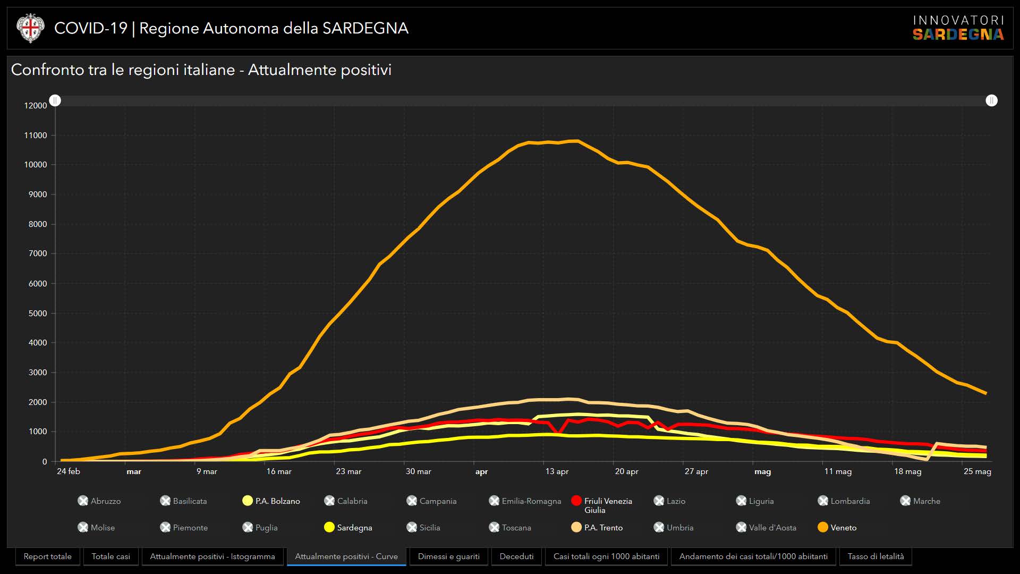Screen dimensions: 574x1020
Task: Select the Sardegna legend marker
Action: click(x=329, y=527)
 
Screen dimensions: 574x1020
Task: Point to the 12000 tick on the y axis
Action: click(x=36, y=106)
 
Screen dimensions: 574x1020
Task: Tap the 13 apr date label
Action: click(x=557, y=471)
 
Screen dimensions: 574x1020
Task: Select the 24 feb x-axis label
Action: click(x=69, y=471)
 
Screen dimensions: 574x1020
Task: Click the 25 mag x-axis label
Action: click(x=977, y=471)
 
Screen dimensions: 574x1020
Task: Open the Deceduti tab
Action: click(x=516, y=556)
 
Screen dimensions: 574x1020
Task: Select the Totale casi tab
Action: click(x=110, y=556)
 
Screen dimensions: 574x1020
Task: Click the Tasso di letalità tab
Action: click(x=875, y=556)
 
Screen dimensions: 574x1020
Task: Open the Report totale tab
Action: click(x=47, y=556)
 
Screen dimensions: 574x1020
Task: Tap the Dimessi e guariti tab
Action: click(x=448, y=556)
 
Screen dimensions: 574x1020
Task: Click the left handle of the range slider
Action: click(x=55, y=100)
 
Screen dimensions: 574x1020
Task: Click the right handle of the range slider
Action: click(x=991, y=100)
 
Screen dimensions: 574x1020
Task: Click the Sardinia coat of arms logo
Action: click(x=30, y=28)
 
